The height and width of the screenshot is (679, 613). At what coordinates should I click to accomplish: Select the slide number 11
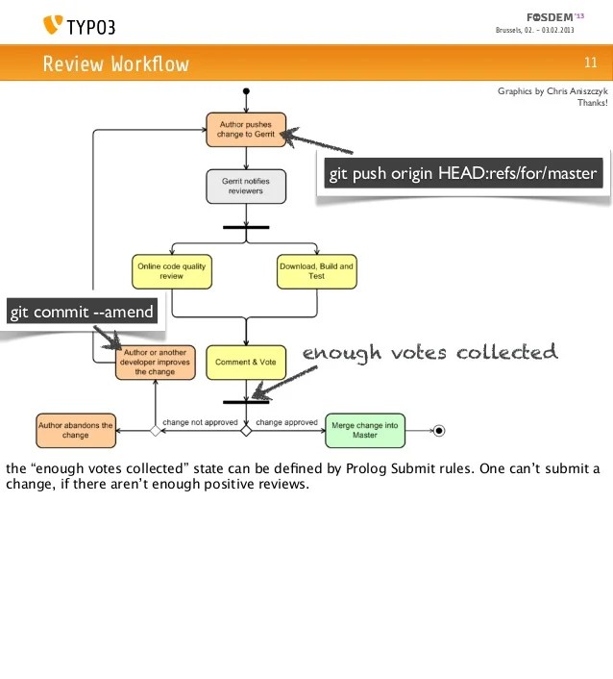coord(590,63)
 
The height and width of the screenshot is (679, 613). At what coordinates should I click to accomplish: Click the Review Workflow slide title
coord(115,64)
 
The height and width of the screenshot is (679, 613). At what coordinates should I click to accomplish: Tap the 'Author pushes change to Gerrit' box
coord(246,130)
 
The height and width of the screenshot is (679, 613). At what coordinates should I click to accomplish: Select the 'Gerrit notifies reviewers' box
coord(247,186)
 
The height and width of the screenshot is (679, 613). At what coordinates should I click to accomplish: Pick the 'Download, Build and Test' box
coord(316,271)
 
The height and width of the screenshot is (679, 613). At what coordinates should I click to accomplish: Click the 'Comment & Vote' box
coord(246,362)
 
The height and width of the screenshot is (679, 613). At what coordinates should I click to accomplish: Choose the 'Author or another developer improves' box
coord(156,362)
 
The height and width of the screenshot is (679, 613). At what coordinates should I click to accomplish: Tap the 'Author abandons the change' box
coord(75,430)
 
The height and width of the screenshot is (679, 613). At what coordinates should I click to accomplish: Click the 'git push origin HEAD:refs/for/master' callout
coord(463,174)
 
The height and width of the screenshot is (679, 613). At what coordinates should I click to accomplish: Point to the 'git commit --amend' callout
coord(82,313)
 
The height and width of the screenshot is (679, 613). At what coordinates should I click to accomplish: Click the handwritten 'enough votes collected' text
coord(429,353)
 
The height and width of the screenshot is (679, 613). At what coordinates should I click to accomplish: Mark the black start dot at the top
coord(247,92)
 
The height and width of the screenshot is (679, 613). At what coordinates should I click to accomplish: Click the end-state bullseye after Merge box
coord(439,430)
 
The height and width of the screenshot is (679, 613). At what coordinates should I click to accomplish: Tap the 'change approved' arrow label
coord(287,422)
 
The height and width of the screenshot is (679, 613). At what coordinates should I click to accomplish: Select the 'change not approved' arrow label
coord(199,422)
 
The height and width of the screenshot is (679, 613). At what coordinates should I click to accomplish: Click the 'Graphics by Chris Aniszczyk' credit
coord(552,92)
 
